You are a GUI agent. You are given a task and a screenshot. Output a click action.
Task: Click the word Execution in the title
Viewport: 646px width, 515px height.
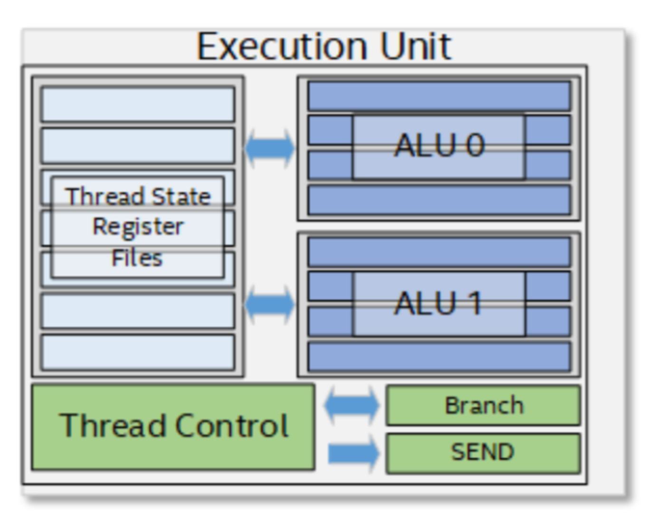pyautogui.click(x=282, y=47)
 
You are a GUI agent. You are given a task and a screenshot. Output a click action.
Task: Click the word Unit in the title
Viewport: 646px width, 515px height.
pyautogui.click(x=416, y=47)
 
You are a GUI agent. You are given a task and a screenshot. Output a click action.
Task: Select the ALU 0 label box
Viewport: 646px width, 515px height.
pyautogui.click(x=439, y=147)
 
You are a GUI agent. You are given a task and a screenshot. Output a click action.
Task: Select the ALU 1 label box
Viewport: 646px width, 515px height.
pyautogui.click(x=439, y=303)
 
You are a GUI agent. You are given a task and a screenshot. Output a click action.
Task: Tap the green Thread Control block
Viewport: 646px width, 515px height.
pyautogui.click(x=173, y=427)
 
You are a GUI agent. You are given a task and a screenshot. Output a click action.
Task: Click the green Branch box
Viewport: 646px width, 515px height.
pyautogui.click(x=483, y=405)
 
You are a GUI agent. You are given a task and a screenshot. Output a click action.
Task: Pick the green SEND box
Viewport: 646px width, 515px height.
pyautogui.click(x=483, y=453)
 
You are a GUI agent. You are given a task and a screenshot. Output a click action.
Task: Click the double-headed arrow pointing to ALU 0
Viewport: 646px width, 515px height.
pyautogui.click(x=270, y=148)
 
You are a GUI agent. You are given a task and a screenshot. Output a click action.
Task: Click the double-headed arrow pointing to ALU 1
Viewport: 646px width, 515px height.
pyautogui.click(x=270, y=304)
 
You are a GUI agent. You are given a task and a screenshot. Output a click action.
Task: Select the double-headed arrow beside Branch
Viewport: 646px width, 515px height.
pyautogui.click(x=351, y=405)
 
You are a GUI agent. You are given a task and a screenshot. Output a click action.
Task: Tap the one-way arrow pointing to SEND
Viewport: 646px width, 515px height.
pyautogui.click(x=353, y=453)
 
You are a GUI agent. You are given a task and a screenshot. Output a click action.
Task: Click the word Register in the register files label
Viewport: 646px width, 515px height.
pyautogui.click(x=138, y=227)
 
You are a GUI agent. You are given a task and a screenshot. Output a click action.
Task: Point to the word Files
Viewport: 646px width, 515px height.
pyautogui.click(x=137, y=258)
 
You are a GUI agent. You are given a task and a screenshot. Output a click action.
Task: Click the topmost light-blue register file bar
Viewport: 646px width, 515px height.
pyautogui.click(x=138, y=104)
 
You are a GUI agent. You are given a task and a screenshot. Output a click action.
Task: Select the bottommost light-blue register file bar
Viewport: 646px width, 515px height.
pyautogui.click(x=138, y=353)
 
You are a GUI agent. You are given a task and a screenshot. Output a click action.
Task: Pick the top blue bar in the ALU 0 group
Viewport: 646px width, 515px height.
pyautogui.click(x=439, y=96)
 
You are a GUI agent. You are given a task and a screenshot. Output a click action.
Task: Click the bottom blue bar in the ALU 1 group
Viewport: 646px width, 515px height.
pyautogui.click(x=439, y=357)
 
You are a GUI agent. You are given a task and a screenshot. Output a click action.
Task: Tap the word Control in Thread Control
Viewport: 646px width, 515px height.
pyautogui.click(x=231, y=425)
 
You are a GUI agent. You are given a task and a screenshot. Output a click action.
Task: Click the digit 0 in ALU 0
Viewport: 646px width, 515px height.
pyautogui.click(x=475, y=145)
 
